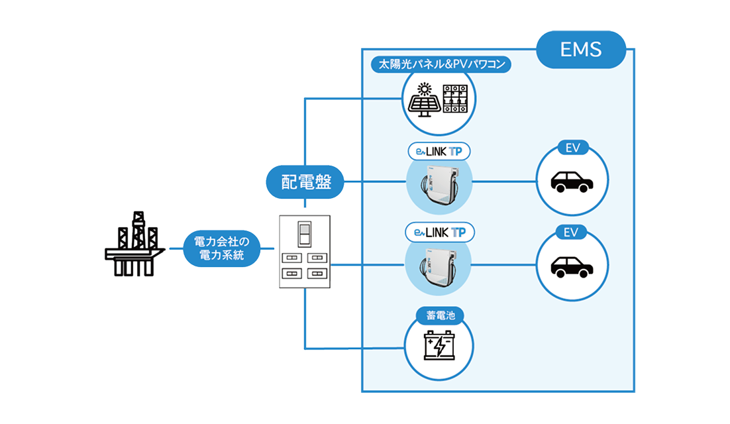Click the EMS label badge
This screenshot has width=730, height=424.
pyautogui.click(x=581, y=50)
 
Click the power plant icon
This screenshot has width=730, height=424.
pyautogui.click(x=135, y=244)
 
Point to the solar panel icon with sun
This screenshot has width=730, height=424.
pyautogui.click(x=423, y=100)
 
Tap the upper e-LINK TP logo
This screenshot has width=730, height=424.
pyautogui.click(x=439, y=151)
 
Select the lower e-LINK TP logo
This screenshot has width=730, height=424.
pyautogui.click(x=439, y=233)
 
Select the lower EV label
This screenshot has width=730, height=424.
pyautogui.click(x=572, y=233)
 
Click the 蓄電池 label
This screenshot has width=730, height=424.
pyautogui.click(x=439, y=316)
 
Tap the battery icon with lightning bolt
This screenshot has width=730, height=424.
pyautogui.click(x=439, y=346)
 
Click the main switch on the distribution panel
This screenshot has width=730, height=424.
pyautogui.click(x=304, y=235)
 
